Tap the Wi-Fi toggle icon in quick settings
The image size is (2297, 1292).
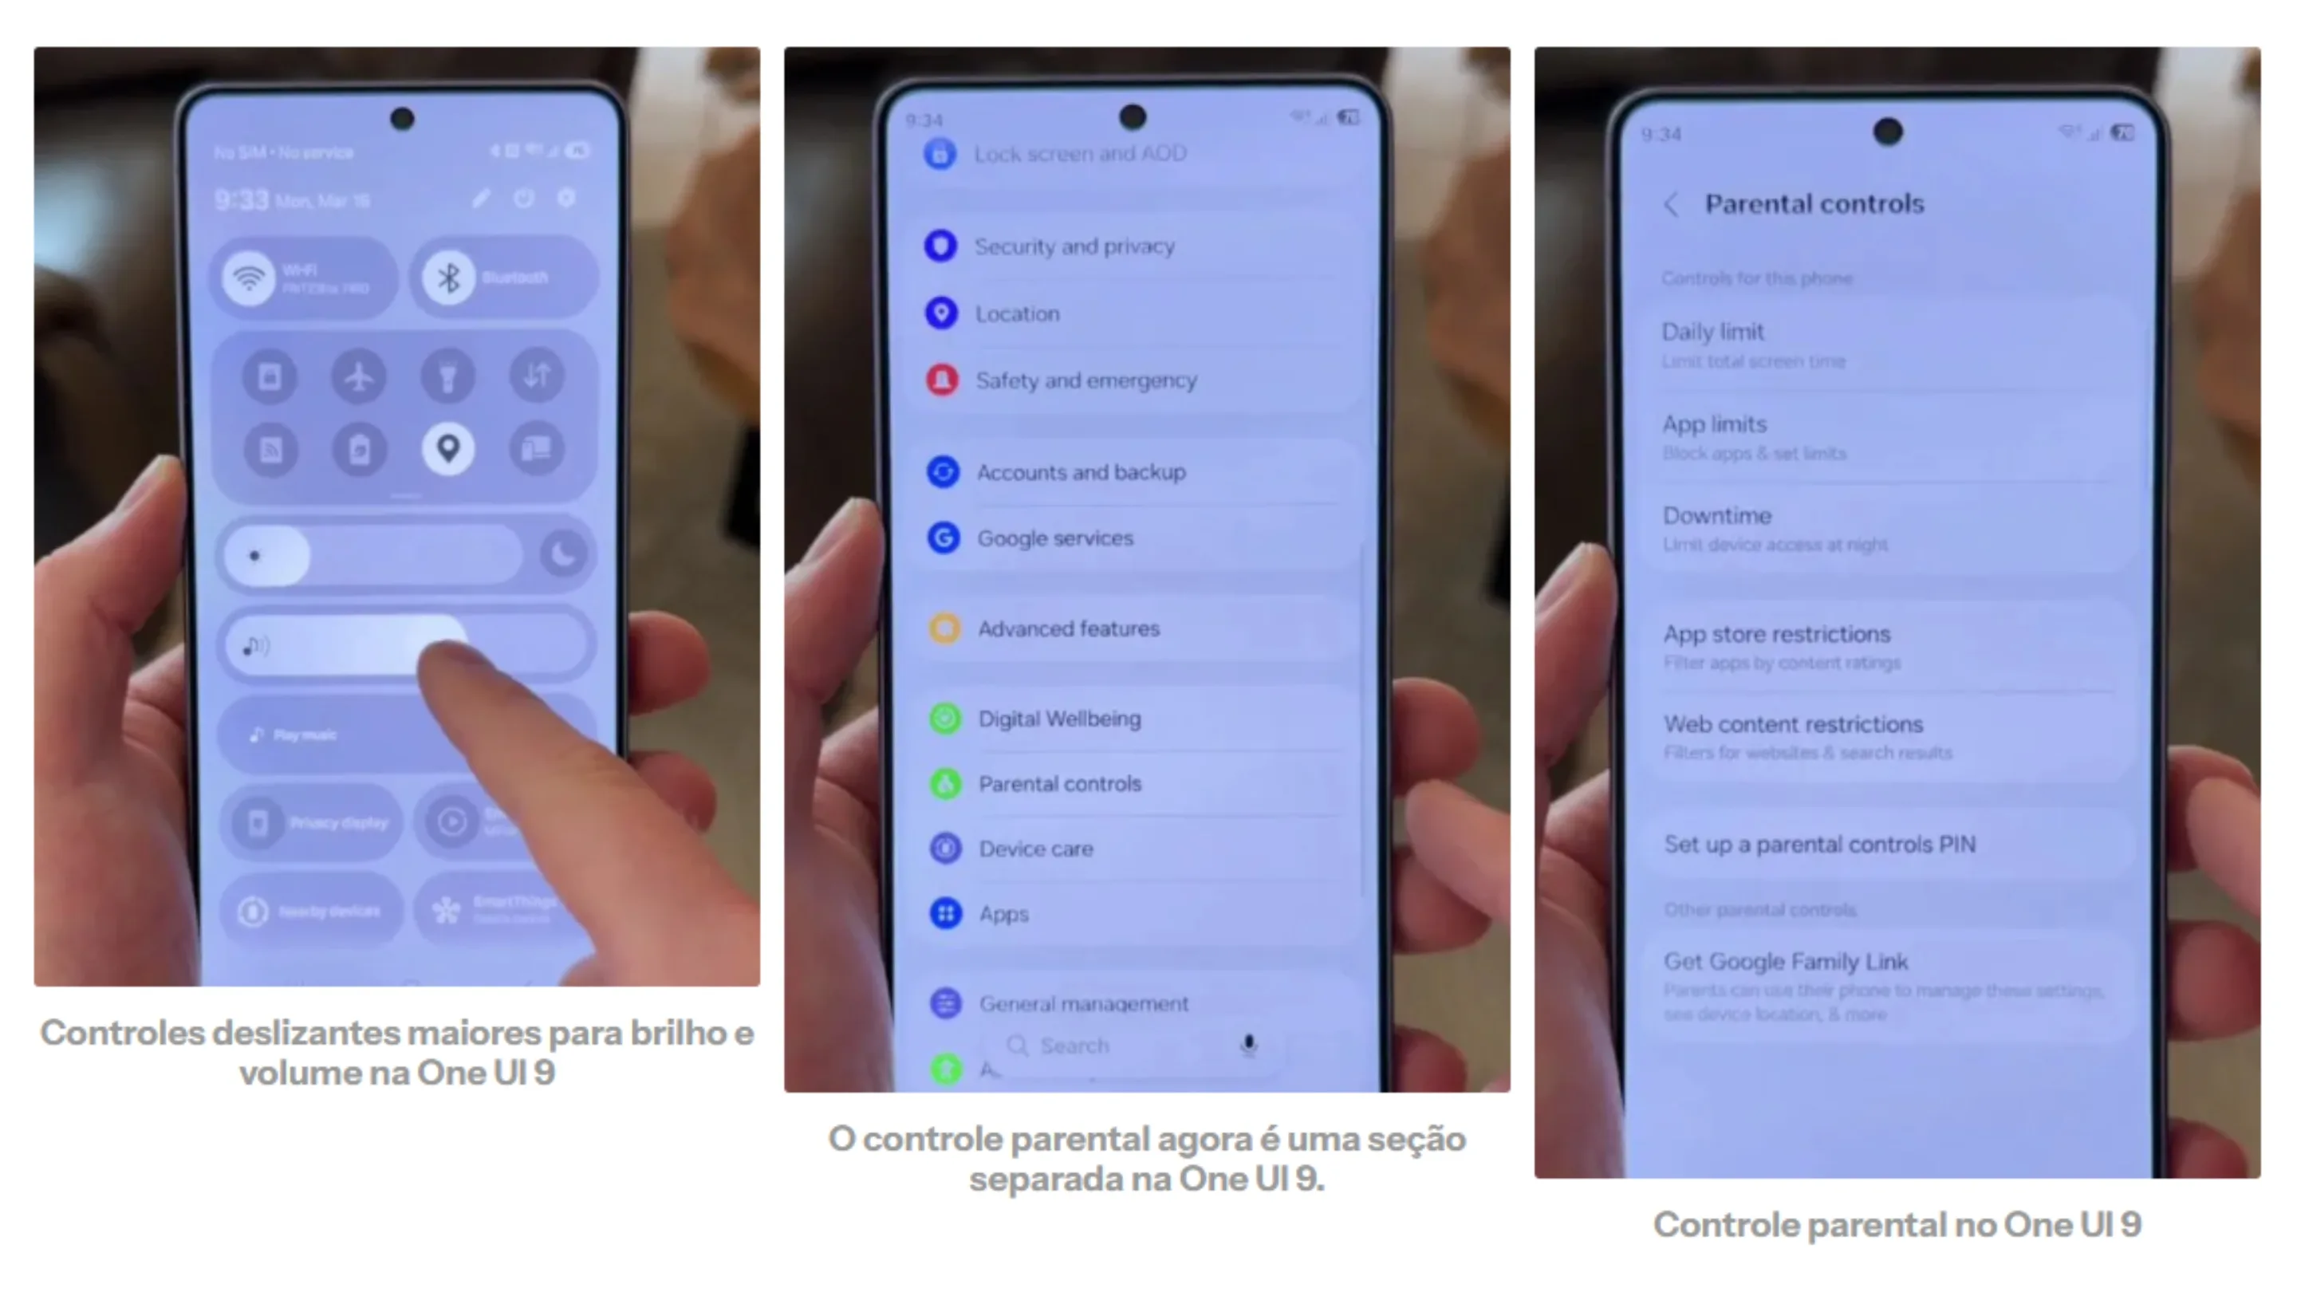click(x=249, y=278)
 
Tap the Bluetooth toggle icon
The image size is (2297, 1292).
click(x=448, y=278)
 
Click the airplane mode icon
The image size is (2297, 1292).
click(x=360, y=376)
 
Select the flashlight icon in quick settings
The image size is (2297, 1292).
click(x=447, y=376)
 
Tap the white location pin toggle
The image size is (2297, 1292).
click(x=447, y=448)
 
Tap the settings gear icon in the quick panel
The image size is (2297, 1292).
click(x=566, y=198)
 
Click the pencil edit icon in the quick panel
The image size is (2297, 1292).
click(x=482, y=198)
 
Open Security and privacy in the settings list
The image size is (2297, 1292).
click(x=1074, y=246)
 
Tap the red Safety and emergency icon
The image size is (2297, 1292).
click(x=943, y=380)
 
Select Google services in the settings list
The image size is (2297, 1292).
click(x=1055, y=538)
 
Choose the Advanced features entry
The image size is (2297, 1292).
click(x=1068, y=628)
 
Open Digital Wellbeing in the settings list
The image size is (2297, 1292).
click(x=1059, y=719)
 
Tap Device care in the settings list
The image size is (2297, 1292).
click(x=1035, y=849)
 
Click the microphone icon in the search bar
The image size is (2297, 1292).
click(x=1248, y=1044)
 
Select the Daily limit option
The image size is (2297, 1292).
click(x=1713, y=333)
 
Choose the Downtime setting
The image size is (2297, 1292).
click(x=1716, y=516)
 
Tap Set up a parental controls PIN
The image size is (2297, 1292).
click(x=1819, y=845)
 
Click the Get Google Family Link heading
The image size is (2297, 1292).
click(x=1785, y=962)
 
